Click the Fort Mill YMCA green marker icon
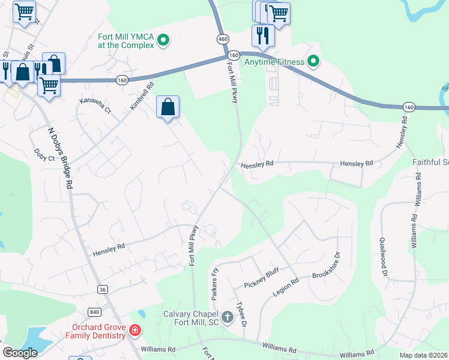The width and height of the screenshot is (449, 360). [x=163, y=41]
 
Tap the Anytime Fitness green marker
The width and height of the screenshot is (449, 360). [x=313, y=61]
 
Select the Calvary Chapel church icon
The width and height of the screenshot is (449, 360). [x=228, y=316]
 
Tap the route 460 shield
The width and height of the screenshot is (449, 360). [x=223, y=39]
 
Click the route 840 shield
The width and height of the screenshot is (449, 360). [x=94, y=311]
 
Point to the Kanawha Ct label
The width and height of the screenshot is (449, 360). [x=95, y=106]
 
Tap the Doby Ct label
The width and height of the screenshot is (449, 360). [x=44, y=155]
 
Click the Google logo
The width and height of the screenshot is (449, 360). [x=20, y=353]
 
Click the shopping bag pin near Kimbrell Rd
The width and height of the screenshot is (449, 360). [x=168, y=108]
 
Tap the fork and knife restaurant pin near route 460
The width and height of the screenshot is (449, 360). [x=263, y=35]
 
